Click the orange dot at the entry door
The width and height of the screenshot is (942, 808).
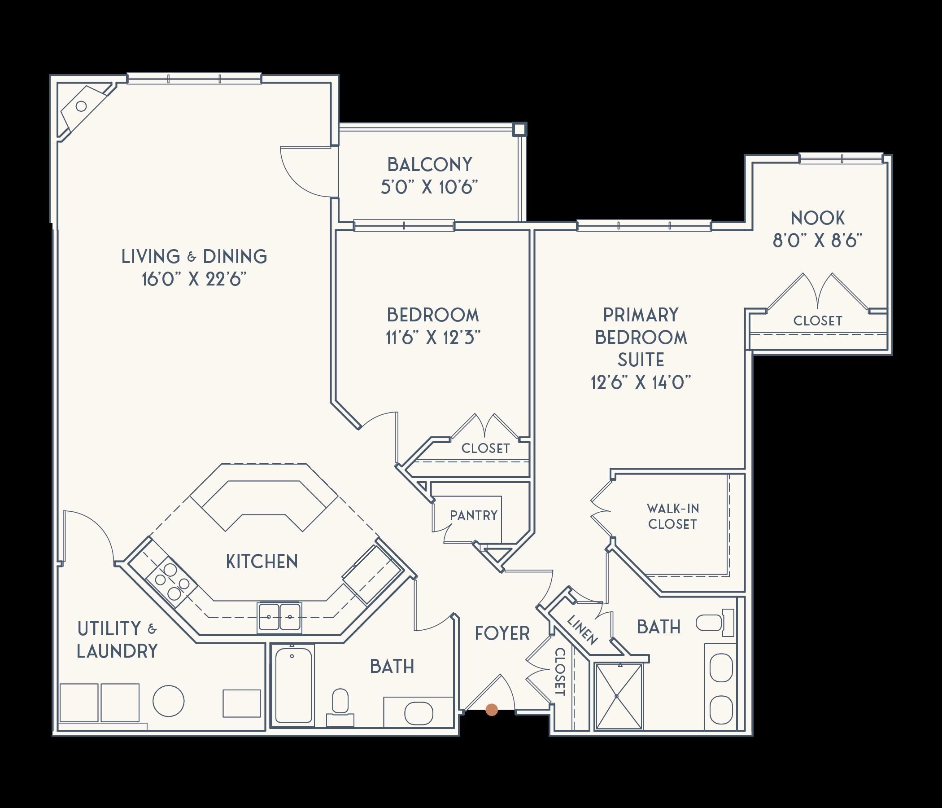tap(492, 710)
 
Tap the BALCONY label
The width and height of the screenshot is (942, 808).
tap(430, 165)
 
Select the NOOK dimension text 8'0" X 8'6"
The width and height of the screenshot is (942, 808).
tap(817, 240)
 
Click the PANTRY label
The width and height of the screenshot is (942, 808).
tap(474, 515)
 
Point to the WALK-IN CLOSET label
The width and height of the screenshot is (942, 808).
tap(672, 516)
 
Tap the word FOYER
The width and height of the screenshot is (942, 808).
tap(502, 633)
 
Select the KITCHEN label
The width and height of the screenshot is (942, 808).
tap(262, 562)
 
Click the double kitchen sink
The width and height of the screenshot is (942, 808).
tap(279, 617)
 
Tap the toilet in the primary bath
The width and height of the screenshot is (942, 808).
tap(715, 624)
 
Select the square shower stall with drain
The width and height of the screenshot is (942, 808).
tap(618, 696)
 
